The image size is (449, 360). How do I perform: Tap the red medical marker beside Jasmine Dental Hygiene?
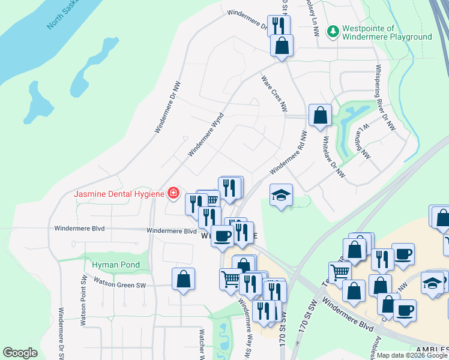pos(173,193)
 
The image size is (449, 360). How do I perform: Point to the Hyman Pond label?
pos(116,265)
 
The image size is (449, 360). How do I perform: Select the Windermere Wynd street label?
pos(205,134)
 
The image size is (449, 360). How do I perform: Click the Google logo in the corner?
pos(20,353)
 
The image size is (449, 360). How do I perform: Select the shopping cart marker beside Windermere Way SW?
pos(231,278)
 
